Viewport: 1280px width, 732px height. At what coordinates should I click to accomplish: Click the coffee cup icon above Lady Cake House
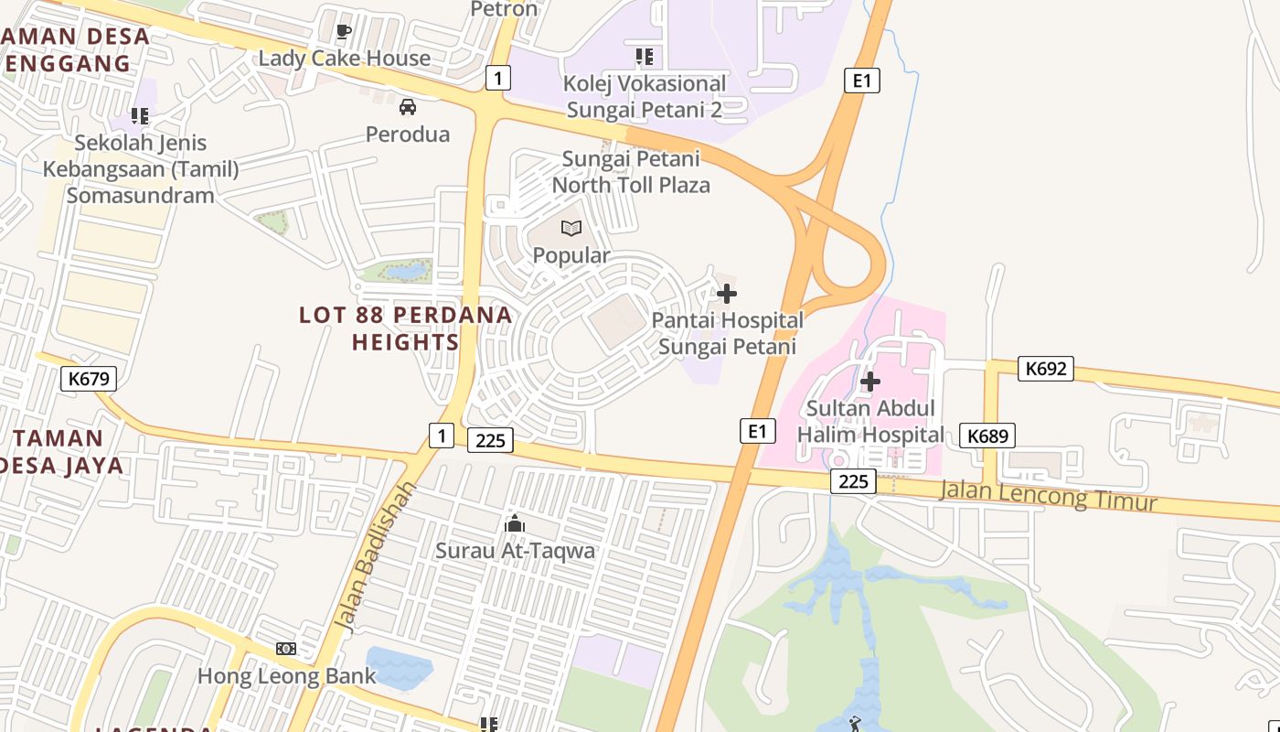click(344, 32)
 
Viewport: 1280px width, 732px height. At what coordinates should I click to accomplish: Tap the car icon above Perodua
click(408, 107)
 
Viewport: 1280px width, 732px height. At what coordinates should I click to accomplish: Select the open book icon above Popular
click(571, 228)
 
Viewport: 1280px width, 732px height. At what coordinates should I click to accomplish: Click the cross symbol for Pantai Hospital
click(727, 294)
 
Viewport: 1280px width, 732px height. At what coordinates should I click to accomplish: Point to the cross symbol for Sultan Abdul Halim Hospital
click(870, 381)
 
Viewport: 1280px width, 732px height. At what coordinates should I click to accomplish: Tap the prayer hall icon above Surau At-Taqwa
click(515, 524)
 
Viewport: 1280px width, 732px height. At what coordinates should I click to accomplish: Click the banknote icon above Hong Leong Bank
click(286, 649)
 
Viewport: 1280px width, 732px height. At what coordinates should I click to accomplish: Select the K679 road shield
click(89, 378)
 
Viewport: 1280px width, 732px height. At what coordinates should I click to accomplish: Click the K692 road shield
click(1046, 369)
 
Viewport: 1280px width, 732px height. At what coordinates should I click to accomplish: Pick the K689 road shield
click(988, 436)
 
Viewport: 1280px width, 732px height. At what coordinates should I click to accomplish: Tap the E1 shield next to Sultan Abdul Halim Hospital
click(758, 430)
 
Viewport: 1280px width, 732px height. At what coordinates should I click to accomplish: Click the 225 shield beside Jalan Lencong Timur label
click(853, 481)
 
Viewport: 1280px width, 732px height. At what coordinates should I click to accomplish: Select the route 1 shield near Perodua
click(496, 78)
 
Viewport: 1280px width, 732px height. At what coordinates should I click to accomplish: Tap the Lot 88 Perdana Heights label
click(405, 328)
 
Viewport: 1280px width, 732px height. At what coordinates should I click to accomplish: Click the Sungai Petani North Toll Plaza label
click(631, 171)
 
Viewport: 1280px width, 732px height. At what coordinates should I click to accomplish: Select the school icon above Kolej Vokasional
click(645, 57)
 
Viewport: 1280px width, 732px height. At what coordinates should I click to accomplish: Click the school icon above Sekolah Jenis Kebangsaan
click(140, 116)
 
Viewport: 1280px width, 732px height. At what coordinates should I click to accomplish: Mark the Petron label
click(504, 9)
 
